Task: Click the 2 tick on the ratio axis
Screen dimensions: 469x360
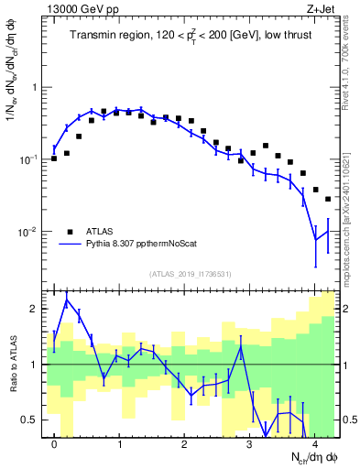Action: coord(35,309)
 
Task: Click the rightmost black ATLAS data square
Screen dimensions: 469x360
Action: coord(328,199)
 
